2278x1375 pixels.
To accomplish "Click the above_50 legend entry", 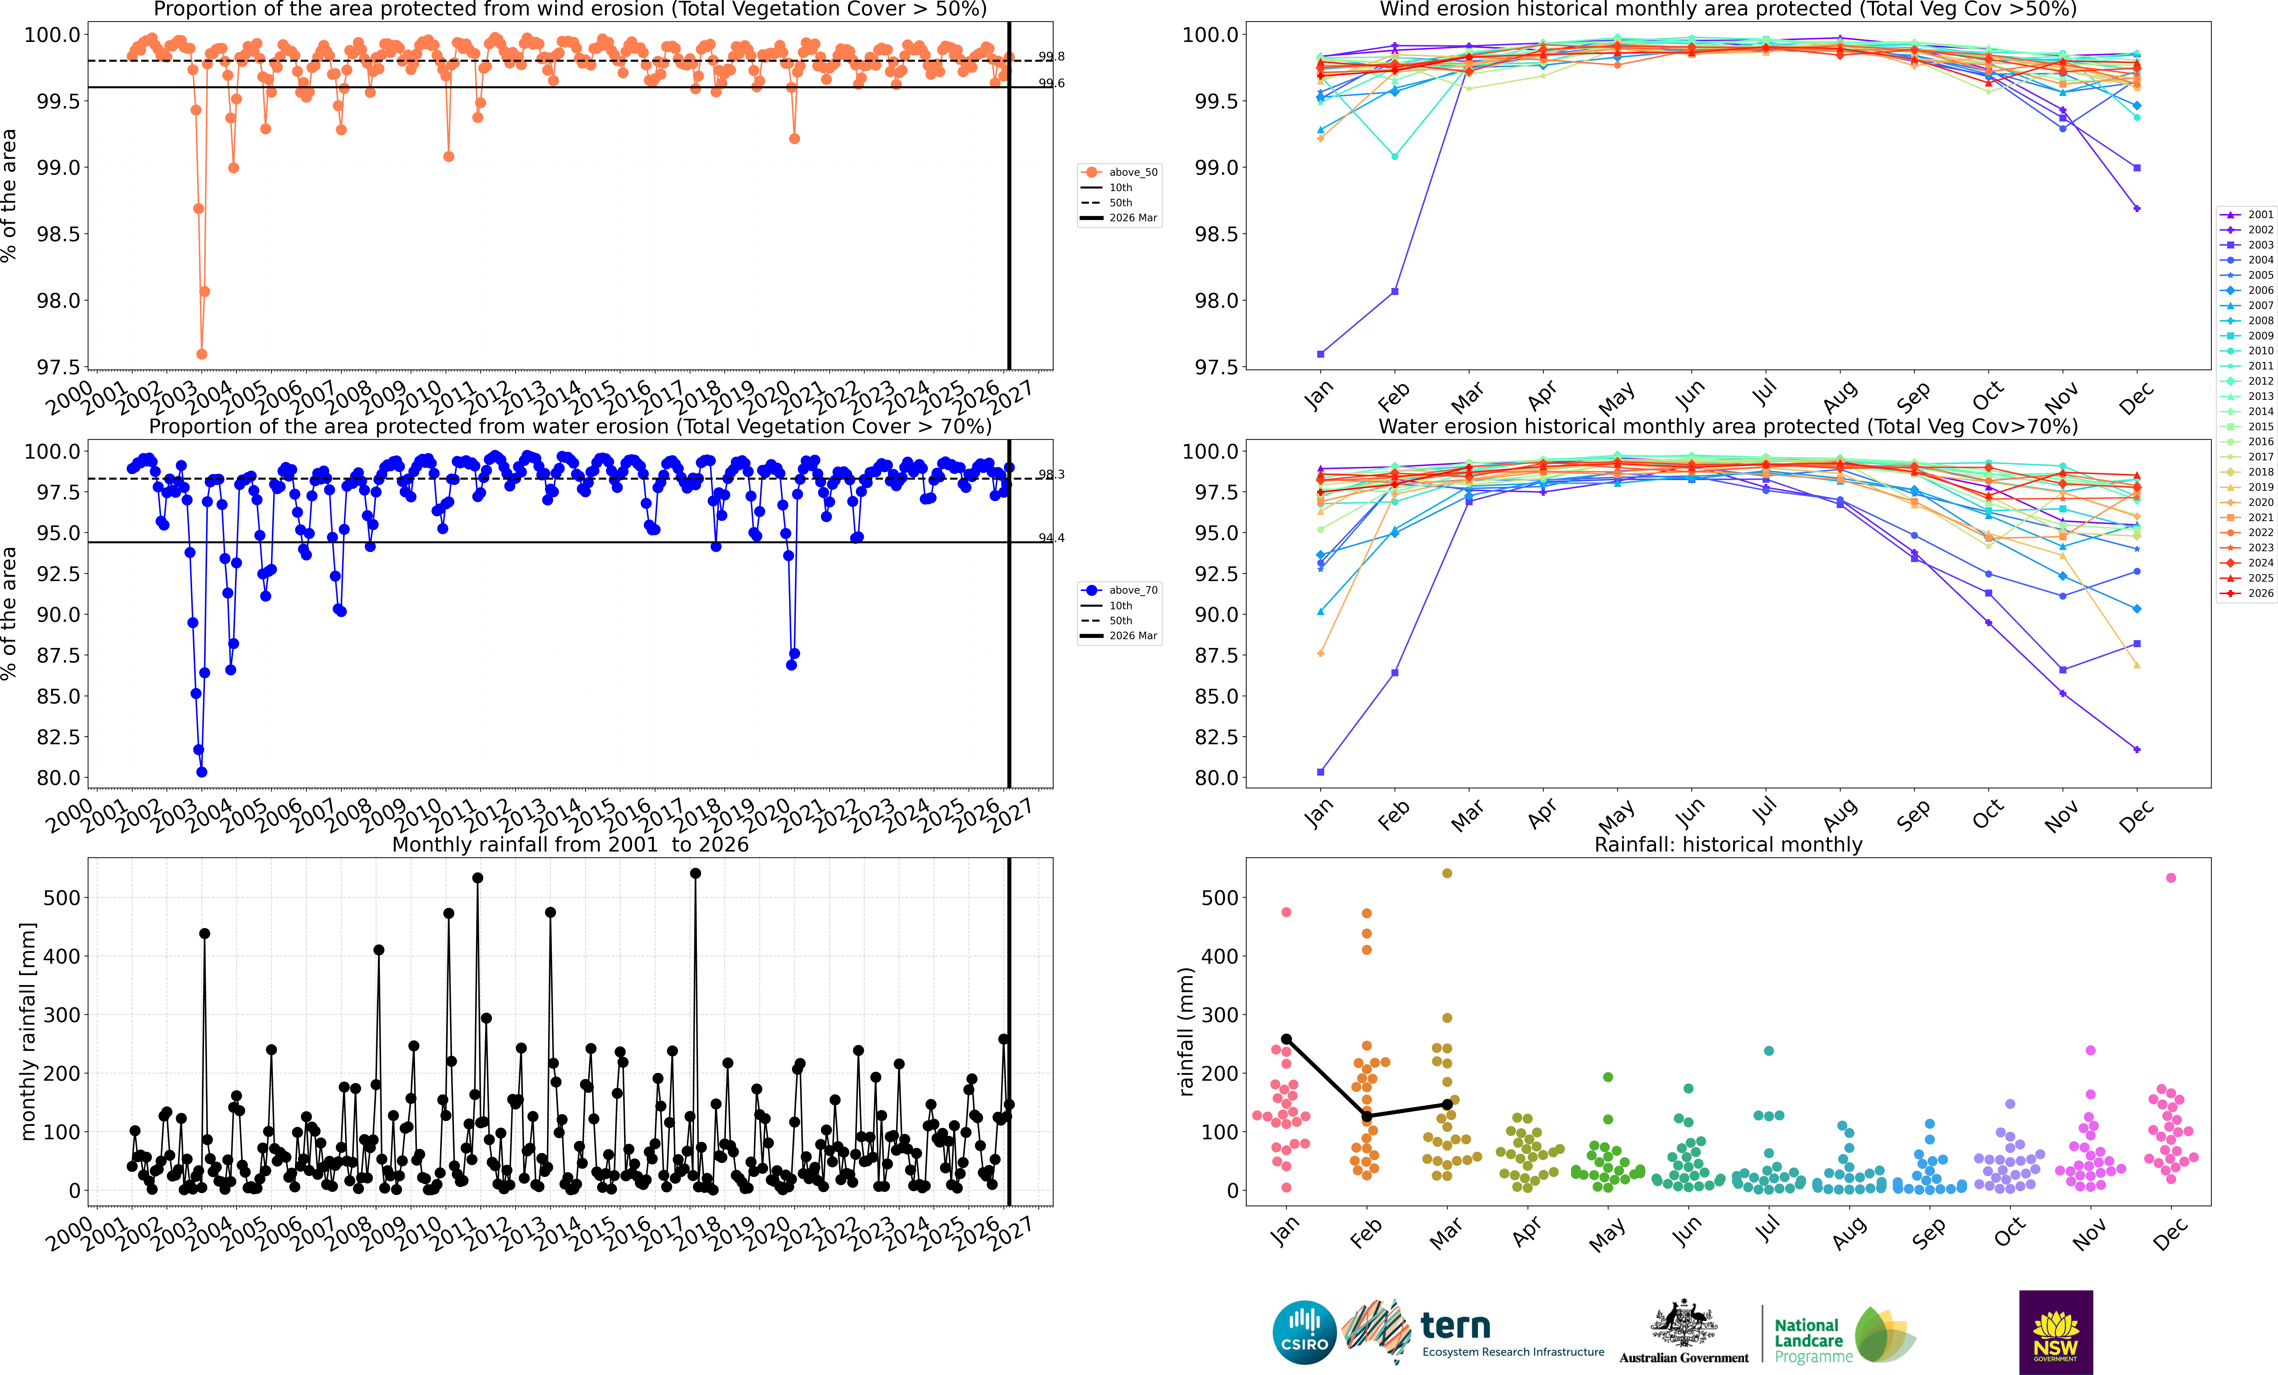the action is [x=1119, y=172].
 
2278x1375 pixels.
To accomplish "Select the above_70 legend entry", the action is [x=1119, y=590].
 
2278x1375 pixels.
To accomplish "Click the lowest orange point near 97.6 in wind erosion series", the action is [x=201, y=354].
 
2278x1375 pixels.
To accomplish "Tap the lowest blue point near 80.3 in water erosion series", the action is [x=201, y=772].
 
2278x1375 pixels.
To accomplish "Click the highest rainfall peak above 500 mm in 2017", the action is [x=695, y=873].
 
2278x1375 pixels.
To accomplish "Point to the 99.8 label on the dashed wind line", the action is [x=1051, y=56].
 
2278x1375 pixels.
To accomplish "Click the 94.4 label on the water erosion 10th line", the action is [x=1051, y=538].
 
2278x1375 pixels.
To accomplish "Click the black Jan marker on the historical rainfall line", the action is [x=1286, y=1039].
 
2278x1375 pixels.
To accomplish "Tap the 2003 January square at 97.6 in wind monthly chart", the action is [x=1320, y=354].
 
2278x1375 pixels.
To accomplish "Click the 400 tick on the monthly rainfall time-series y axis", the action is [x=62, y=956].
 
